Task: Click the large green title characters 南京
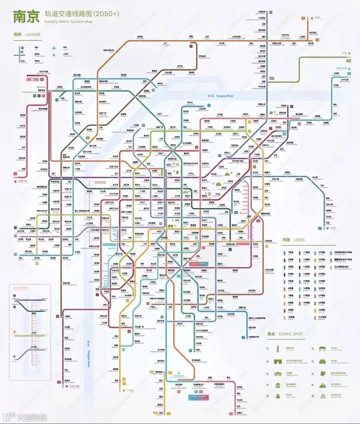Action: click(x=26, y=16)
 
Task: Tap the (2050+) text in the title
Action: click(x=106, y=14)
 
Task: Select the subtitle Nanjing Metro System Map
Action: click(x=68, y=22)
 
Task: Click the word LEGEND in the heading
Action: click(x=33, y=34)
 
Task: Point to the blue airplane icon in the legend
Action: click(x=53, y=48)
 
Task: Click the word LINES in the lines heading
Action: click(x=299, y=240)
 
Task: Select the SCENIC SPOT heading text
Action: click(x=290, y=334)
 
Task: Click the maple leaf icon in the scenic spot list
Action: click(x=322, y=374)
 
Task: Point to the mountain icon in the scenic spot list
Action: click(x=322, y=385)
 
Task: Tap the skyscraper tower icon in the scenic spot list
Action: click(x=277, y=349)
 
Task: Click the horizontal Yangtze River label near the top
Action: click(x=225, y=96)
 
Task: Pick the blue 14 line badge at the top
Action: click(x=271, y=12)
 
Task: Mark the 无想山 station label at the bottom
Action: click(x=239, y=413)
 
